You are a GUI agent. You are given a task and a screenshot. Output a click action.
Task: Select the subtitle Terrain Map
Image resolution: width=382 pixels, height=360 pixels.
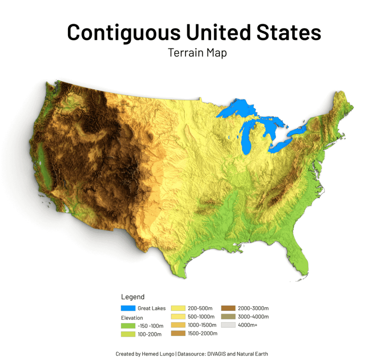[197, 53]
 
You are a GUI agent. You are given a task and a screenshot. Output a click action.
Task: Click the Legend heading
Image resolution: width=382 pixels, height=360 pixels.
[133, 297]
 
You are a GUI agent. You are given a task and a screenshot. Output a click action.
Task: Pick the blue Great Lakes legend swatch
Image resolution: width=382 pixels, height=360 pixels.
[128, 308]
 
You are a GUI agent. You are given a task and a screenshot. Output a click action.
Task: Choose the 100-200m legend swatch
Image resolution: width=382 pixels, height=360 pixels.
[128, 334]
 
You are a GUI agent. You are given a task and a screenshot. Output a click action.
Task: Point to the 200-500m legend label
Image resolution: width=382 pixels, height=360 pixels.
[201, 308]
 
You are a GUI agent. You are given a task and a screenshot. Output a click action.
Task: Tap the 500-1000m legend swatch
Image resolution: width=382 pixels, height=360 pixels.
[178, 317]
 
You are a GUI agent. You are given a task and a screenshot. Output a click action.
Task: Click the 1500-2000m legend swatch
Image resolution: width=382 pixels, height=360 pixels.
[178, 333]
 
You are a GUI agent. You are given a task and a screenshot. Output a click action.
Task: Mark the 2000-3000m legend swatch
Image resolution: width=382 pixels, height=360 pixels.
[228, 308]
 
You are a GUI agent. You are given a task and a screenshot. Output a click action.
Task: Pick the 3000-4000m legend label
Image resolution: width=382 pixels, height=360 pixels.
[253, 317]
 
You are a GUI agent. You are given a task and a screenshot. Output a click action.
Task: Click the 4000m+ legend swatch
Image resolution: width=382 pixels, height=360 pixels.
[228, 325]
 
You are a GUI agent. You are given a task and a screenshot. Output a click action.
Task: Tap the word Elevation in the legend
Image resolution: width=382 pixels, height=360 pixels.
[132, 318]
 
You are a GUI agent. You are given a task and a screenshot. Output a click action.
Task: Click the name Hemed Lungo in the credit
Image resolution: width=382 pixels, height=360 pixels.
[154, 354]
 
